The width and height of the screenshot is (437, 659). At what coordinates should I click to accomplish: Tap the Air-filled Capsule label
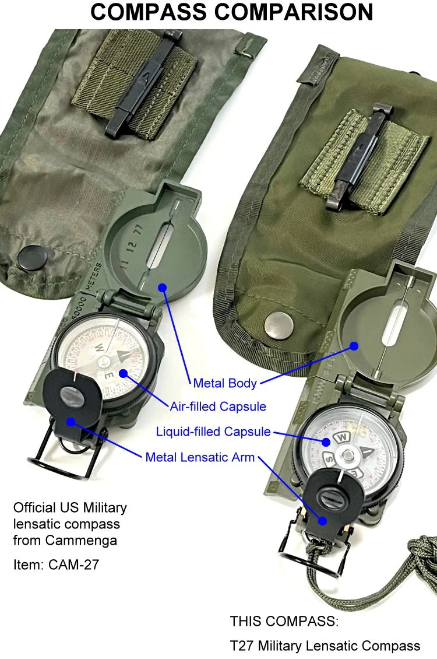218,406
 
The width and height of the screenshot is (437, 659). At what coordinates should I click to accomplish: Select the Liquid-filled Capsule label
213,432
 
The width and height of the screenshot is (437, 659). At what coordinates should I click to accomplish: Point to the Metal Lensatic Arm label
200,457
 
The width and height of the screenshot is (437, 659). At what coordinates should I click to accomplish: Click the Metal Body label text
225,383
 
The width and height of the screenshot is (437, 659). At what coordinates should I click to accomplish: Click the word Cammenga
87,541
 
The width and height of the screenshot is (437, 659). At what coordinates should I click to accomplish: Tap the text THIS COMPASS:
284,622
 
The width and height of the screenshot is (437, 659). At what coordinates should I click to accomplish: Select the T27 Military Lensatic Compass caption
325,646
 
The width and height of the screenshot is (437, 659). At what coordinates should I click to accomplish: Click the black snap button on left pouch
29,257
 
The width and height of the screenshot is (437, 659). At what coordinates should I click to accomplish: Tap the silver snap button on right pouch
279,324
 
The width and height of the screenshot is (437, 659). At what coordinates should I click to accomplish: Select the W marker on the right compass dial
343,436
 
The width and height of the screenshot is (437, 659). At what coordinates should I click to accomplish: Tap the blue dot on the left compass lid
163,288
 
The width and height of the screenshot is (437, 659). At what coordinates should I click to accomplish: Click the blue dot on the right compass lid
353,345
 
